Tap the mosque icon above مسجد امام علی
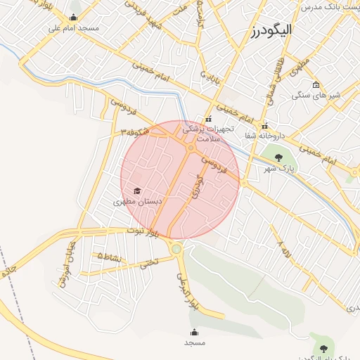tap(75, 18)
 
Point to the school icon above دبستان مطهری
tap(136, 191)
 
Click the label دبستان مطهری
tap(138, 201)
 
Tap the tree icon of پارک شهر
tap(279, 157)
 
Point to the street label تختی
tap(149, 263)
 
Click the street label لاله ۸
tap(284, 248)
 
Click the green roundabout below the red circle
tap(176, 248)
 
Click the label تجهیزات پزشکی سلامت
tap(202, 134)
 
